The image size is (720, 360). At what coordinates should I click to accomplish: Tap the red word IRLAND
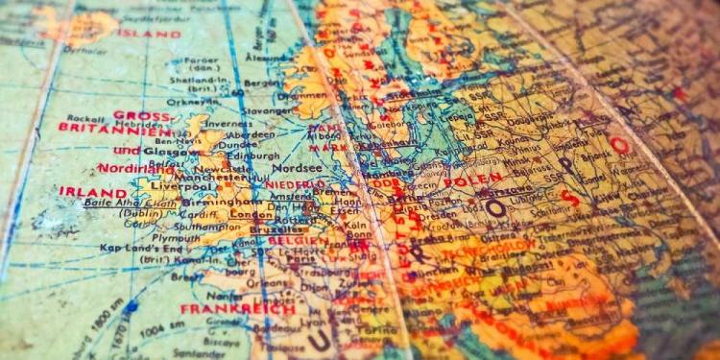pyautogui.click(x=92, y=191)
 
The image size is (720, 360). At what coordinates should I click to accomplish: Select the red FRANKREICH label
pyautogui.click(x=223, y=309)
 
